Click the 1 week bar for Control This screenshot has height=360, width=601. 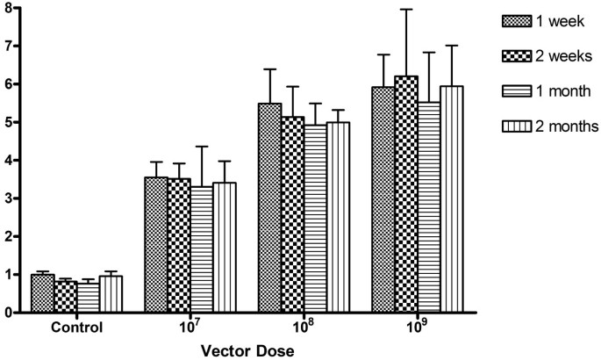[x=42, y=293]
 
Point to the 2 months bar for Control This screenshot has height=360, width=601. [x=111, y=294]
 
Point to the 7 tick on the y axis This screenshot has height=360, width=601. [x=22, y=46]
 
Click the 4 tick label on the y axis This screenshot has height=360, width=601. [x=10, y=160]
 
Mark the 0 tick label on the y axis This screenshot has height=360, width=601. [x=10, y=312]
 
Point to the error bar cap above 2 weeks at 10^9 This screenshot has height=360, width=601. [x=406, y=10]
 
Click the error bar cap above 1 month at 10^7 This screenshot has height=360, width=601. [x=202, y=147]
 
